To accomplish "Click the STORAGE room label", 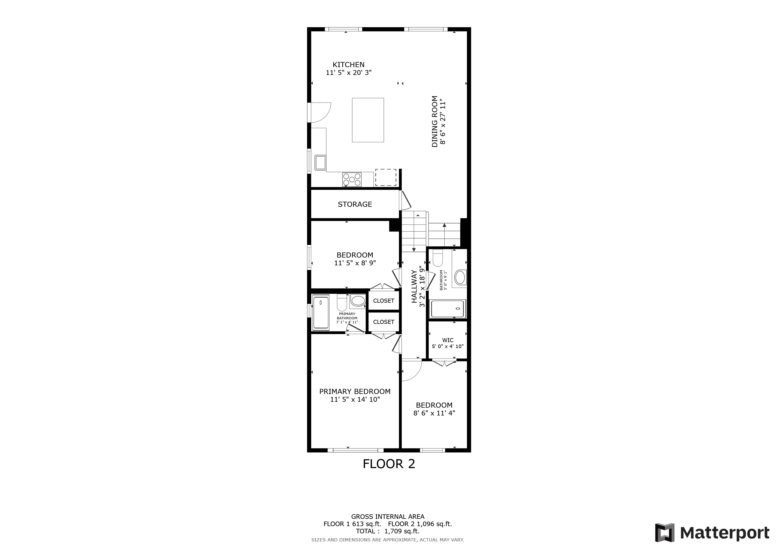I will [355, 204].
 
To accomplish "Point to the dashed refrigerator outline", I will [386, 178].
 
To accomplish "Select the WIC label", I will [448, 340].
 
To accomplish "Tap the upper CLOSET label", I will [384, 301].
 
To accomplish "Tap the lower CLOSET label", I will [384, 322].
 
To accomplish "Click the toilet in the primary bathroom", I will [341, 302].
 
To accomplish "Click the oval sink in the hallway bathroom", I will [460, 277].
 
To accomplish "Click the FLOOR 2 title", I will [389, 464].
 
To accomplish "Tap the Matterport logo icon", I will [664, 532].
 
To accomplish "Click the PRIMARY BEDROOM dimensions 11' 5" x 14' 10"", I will [355, 399].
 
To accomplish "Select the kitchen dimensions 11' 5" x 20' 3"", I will [349, 73].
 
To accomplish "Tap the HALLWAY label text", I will [414, 286].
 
